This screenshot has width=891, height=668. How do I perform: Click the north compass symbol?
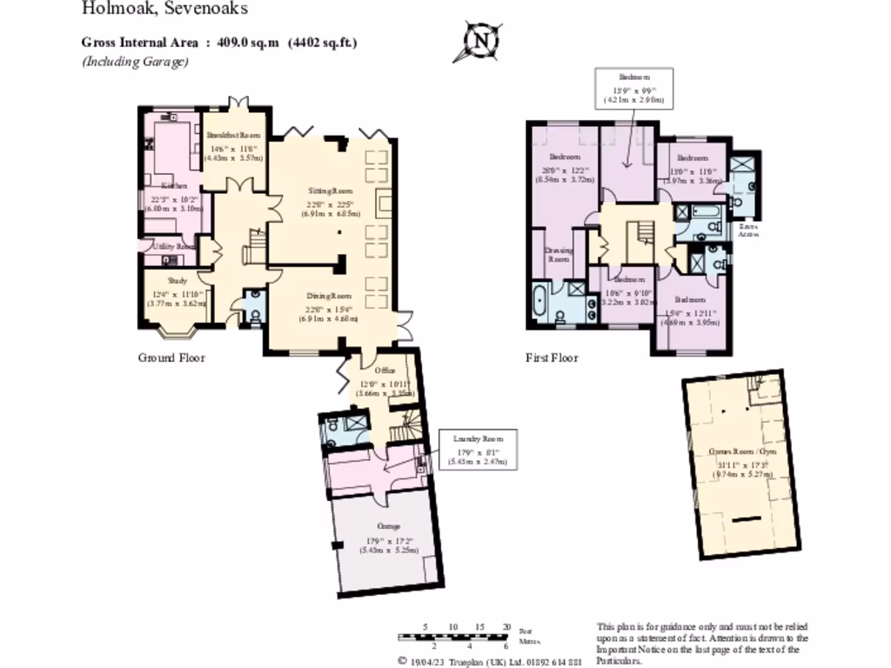(x=481, y=40)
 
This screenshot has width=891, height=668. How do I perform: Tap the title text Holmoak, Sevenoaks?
(x=164, y=10)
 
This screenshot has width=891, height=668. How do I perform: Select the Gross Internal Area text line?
(x=219, y=42)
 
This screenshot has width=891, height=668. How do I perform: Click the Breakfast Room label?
(x=234, y=135)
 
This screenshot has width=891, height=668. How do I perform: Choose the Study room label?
(x=178, y=281)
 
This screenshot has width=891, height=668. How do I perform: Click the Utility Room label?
(x=174, y=247)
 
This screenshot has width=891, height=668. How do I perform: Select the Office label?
(x=385, y=370)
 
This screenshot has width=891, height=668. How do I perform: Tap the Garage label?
(x=388, y=526)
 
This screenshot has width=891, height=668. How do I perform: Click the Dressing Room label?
(x=557, y=254)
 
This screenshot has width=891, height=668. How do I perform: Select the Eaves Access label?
(x=747, y=230)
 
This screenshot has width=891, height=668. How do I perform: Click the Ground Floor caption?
(x=171, y=357)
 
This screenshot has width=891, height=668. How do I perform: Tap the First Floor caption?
(x=552, y=357)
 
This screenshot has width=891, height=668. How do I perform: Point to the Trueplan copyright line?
(x=490, y=660)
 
